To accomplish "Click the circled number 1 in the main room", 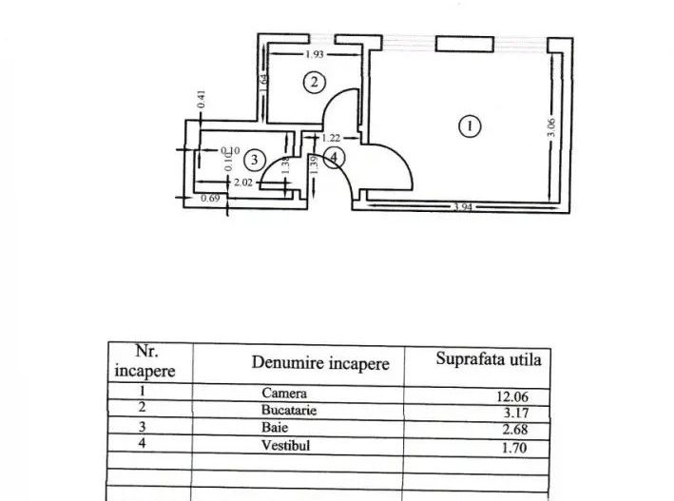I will coord(467,125).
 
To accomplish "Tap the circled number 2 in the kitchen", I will coord(314,82).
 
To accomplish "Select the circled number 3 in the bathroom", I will coord(252,160).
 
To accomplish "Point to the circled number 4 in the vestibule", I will coord(332,158).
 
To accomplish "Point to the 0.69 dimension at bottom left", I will coord(209,198).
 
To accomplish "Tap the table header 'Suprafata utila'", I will coord(489,360).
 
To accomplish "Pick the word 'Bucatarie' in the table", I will coord(289,410).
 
